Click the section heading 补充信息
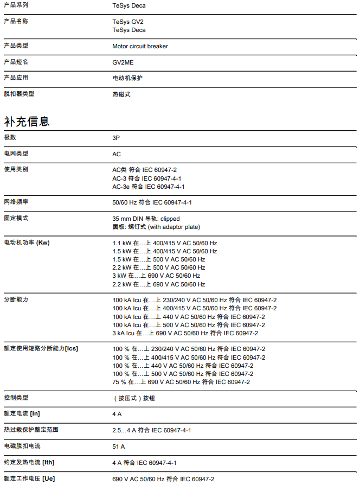27,121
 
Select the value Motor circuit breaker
140,46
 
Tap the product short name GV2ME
123,62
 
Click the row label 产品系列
16,5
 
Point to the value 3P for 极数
116,138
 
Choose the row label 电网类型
16,154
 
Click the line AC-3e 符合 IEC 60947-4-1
148,187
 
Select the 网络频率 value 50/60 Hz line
152,202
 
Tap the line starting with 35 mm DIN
146,219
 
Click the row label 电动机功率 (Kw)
27,242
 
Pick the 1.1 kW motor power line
164,243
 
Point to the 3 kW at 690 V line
156,276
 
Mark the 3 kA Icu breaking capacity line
185,333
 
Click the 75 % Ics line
181,382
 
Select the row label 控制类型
16,398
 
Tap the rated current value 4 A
117,414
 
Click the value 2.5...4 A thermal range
151,430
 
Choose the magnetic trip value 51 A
118,446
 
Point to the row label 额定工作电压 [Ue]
29,478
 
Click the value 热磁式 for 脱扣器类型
121,94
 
